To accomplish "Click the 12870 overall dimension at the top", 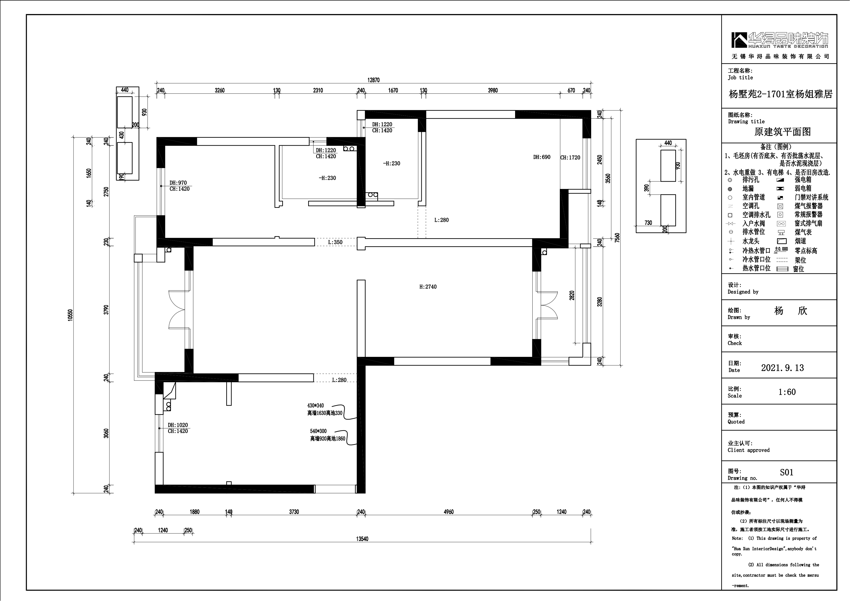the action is [x=373, y=80].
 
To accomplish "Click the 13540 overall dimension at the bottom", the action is [x=362, y=539].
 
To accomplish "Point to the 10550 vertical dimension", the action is [x=71, y=315].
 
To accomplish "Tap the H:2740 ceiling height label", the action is [x=428, y=286].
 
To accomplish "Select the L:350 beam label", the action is [x=335, y=242].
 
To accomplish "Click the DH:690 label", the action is [x=542, y=157].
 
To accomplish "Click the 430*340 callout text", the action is [x=315, y=406].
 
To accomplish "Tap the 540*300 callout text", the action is [x=318, y=431].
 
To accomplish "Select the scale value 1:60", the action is [x=787, y=392].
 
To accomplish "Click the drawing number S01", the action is [x=786, y=473].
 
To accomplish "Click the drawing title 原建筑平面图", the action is [x=782, y=132].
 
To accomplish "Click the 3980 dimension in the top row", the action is [x=493, y=90].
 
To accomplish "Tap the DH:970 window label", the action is [x=178, y=183].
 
